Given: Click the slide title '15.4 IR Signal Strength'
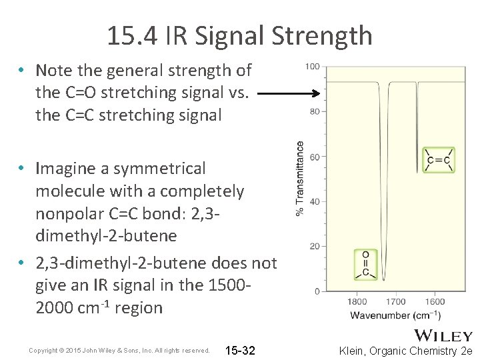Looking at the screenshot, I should click(x=239, y=35).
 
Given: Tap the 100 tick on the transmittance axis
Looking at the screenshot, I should click(x=313, y=67).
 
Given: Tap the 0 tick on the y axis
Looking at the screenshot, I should click(x=317, y=291).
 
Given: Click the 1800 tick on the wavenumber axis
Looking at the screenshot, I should click(x=357, y=302).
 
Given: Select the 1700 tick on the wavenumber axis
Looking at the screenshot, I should click(x=395, y=302).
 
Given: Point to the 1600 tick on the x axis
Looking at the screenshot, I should click(x=434, y=302).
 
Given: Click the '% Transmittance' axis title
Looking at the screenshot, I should click(x=300, y=178).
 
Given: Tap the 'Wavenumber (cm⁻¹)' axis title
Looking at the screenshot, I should click(x=395, y=315).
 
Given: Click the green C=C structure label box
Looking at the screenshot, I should click(x=439, y=160).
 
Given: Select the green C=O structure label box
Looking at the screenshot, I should click(x=366, y=264).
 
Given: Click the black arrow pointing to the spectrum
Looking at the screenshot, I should click(x=290, y=95).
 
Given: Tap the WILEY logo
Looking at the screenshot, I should click(x=443, y=336).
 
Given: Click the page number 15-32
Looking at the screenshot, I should click(x=241, y=350).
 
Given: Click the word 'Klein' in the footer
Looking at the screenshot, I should click(x=353, y=350).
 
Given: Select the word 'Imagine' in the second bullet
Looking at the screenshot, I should click(x=65, y=168).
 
